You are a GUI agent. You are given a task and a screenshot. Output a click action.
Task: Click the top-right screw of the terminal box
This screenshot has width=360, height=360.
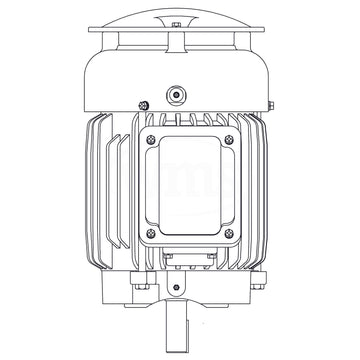[229, 140]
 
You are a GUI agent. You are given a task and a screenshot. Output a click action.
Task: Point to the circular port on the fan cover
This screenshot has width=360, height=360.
[177, 93]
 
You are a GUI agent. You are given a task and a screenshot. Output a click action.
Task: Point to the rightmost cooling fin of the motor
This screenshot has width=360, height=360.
[272, 190]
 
